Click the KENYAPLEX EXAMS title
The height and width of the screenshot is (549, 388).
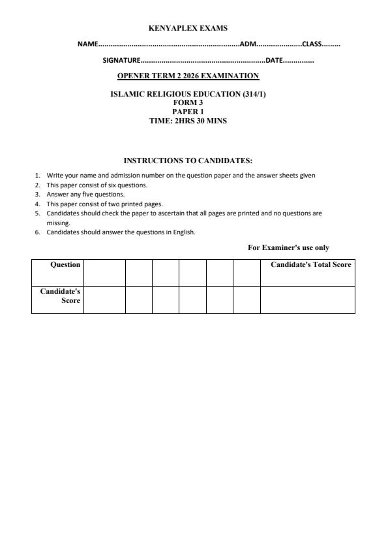pyautogui.click(x=188, y=28)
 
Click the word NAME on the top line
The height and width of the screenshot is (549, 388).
pyautogui.click(x=87, y=44)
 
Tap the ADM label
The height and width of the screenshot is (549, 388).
pyautogui.click(x=248, y=44)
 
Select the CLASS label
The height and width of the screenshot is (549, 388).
pyautogui.click(x=311, y=44)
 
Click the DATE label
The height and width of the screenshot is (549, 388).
pyautogui.click(x=273, y=60)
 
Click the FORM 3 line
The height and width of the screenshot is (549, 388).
pyautogui.click(x=188, y=102)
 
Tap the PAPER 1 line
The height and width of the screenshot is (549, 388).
pyautogui.click(x=188, y=111)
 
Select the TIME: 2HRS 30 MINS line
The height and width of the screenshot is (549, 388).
pyautogui.click(x=188, y=120)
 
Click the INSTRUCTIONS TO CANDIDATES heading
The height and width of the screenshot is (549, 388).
pyautogui.click(x=188, y=161)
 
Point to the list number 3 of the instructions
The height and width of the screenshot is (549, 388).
pyautogui.click(x=37, y=194)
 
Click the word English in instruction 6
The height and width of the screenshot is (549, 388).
pyautogui.click(x=185, y=232)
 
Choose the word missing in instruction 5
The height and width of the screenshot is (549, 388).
pyautogui.click(x=58, y=223)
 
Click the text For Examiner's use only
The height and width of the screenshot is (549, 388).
pyautogui.click(x=288, y=247)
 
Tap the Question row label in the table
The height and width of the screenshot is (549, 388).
pyautogui.click(x=65, y=264)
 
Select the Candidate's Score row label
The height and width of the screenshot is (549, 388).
pyautogui.click(x=61, y=296)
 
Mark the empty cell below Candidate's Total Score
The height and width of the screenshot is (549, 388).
pyautogui.click(x=308, y=300)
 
